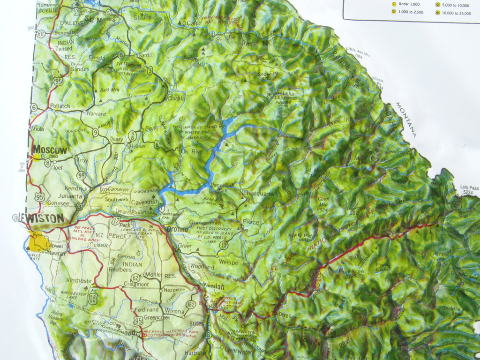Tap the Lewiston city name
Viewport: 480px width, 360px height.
coord(41,218)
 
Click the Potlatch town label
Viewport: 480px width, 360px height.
coord(60,106)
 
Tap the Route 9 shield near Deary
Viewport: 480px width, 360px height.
coord(95,133)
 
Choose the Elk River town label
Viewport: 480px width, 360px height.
coord(192,151)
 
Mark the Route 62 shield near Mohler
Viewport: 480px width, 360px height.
coord(135,277)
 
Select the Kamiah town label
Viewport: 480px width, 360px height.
coord(214,286)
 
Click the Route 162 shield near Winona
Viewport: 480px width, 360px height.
coord(190,305)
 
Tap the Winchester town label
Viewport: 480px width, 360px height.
coord(78,280)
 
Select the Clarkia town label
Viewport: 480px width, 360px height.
coord(176,98)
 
